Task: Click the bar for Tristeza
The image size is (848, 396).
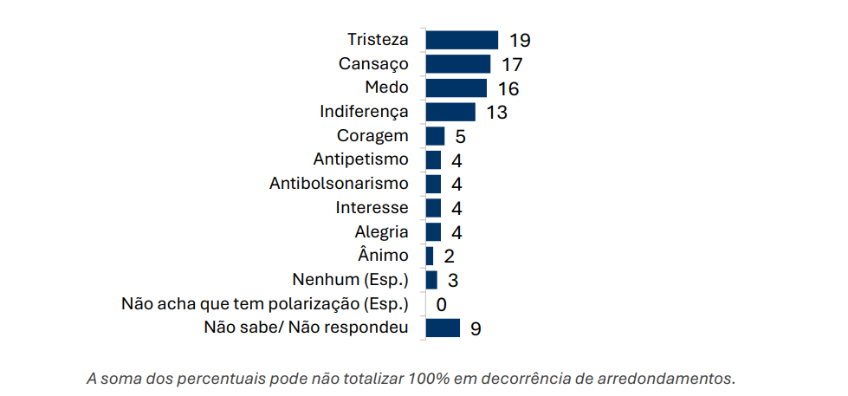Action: pyautogui.click(x=462, y=40)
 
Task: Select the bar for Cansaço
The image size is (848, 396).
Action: pyautogui.click(x=458, y=64)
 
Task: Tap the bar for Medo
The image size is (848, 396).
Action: pyautogui.click(x=456, y=88)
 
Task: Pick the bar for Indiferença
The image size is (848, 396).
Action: pyautogui.click(x=450, y=112)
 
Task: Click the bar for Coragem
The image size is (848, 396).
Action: pyautogui.click(x=435, y=136)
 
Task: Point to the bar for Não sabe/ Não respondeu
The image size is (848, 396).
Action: pyautogui.click(x=443, y=328)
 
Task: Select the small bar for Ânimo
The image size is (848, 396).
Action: pyautogui.click(x=430, y=256)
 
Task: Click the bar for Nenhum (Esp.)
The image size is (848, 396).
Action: pyautogui.click(x=431, y=280)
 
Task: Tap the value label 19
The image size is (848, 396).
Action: pyautogui.click(x=520, y=41)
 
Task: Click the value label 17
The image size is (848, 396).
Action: pyautogui.click(x=512, y=65)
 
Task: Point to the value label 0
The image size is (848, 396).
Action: pyautogui.click(x=441, y=304)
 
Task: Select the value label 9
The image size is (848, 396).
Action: pyautogui.click(x=476, y=328)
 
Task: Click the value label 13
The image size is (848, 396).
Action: pyautogui.click(x=496, y=113)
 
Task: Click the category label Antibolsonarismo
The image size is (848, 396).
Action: pyautogui.click(x=339, y=184)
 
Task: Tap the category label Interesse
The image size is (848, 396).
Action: pyautogui.click(x=372, y=207)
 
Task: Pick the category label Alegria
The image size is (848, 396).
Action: pyautogui.click(x=381, y=231)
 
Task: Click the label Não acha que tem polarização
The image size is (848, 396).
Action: pyautogui.click(x=265, y=303)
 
